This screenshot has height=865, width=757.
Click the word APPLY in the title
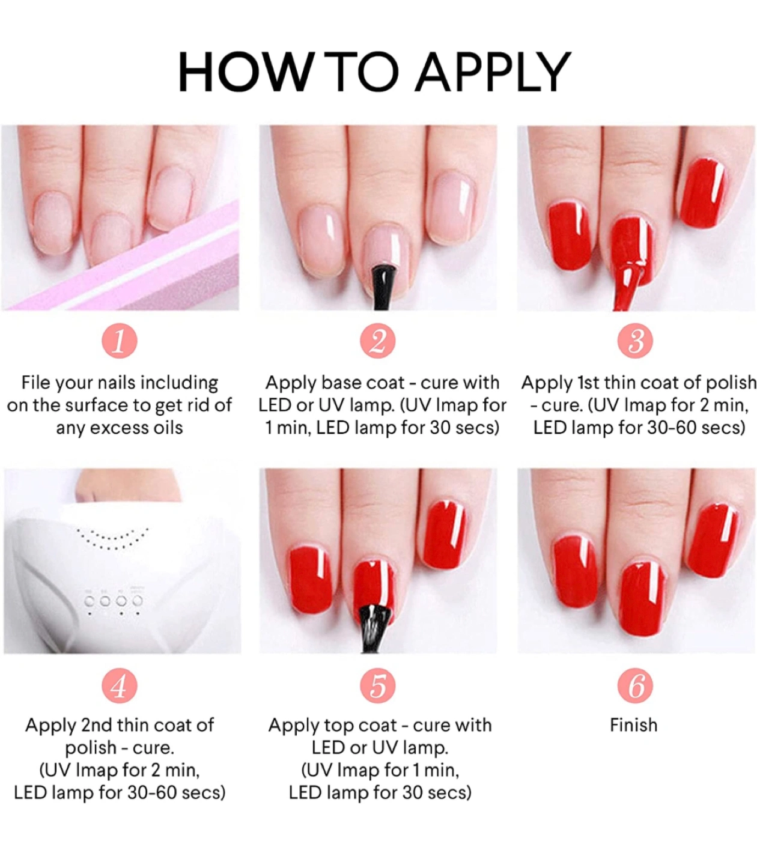point(494,71)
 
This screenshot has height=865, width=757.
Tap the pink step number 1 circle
point(120,341)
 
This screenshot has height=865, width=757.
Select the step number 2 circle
point(378,341)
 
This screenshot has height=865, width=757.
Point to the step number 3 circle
point(635,341)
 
